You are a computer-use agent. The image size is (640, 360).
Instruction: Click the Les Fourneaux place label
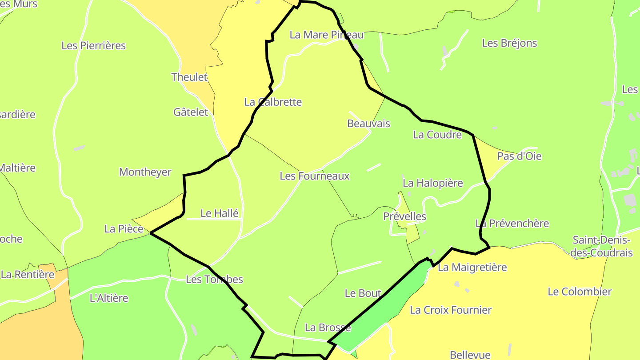[315, 176]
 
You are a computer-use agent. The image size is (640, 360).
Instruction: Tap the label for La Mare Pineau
[326, 35]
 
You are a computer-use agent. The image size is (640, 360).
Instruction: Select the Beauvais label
[368, 124]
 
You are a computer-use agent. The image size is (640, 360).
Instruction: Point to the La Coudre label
[437, 135]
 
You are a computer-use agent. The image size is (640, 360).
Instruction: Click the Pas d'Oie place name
[519, 156]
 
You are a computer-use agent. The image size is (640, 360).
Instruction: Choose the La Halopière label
[432, 183]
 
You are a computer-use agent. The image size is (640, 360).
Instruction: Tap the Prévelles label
[404, 216]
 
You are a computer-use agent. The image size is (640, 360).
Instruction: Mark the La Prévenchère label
[512, 223]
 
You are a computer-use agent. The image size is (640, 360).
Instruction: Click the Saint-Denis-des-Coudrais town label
[602, 246]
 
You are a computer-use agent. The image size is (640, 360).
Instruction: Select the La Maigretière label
[472, 267]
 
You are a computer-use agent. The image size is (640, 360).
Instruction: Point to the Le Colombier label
[580, 292]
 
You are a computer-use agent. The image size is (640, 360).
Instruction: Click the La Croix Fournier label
[451, 310]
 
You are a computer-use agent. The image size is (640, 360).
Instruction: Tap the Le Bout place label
[363, 293]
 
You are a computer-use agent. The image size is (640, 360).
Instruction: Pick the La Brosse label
[328, 328]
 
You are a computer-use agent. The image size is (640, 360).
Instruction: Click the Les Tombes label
[214, 279]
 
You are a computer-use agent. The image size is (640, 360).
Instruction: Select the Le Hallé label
[220, 213]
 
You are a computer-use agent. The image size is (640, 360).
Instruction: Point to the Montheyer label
[145, 172]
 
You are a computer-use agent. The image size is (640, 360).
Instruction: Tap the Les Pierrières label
[93, 45]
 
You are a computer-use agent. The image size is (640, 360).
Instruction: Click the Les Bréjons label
[509, 43]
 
